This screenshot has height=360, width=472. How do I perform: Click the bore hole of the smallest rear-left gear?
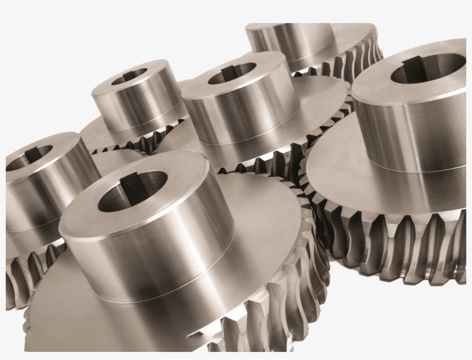coord(131,77)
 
